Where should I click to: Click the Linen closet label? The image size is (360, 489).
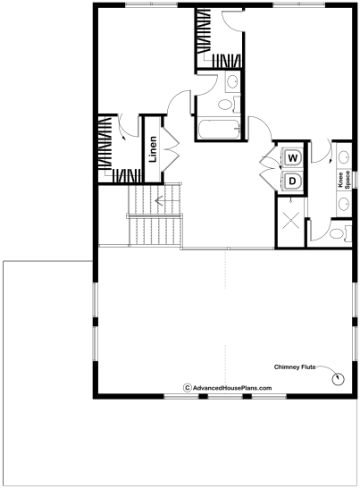click(153, 149)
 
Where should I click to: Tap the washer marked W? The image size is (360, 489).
click(292, 158)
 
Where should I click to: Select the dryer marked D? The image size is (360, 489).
click(292, 181)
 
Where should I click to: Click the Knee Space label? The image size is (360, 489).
click(344, 180)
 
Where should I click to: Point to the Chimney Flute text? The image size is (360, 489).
click(295, 367)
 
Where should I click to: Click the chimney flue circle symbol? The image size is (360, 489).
click(338, 379)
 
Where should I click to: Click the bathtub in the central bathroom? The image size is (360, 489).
click(219, 130)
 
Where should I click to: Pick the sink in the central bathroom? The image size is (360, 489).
click(232, 81)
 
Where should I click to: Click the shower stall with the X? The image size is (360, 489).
click(290, 220)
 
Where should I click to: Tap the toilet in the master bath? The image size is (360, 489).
click(340, 233)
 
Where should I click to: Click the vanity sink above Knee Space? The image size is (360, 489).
click(344, 156)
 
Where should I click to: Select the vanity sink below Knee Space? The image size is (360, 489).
click(344, 203)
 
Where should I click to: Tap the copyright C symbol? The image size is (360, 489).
click(188, 388)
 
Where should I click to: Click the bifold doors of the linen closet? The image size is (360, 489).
click(170, 149)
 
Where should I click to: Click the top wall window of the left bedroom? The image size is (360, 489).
click(151, 4)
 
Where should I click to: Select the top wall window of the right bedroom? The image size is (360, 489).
click(299, 4)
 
